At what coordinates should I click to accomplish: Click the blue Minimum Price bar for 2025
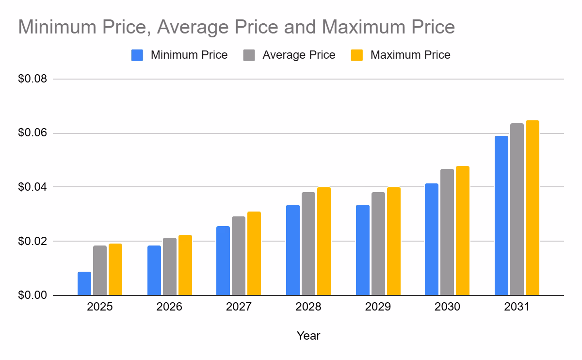click(x=84, y=283)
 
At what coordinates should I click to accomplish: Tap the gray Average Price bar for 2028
click(x=308, y=244)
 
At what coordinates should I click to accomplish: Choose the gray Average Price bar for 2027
click(x=239, y=256)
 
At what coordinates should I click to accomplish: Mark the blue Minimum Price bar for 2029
click(x=363, y=250)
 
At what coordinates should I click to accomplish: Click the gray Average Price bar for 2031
click(x=517, y=209)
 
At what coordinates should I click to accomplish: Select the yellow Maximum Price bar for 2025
click(x=115, y=269)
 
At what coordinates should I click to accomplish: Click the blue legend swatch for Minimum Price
click(x=137, y=55)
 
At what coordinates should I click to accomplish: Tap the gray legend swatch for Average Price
click(x=249, y=55)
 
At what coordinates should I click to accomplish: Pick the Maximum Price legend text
click(x=410, y=55)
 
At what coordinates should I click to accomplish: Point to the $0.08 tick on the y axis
click(x=32, y=79)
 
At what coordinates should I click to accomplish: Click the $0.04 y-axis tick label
click(x=32, y=187)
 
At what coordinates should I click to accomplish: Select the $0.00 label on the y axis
click(x=32, y=295)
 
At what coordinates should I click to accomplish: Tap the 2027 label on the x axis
click(x=239, y=308)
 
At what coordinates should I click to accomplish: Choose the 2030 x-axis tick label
click(x=447, y=308)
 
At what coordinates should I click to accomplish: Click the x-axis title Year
click(x=308, y=336)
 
